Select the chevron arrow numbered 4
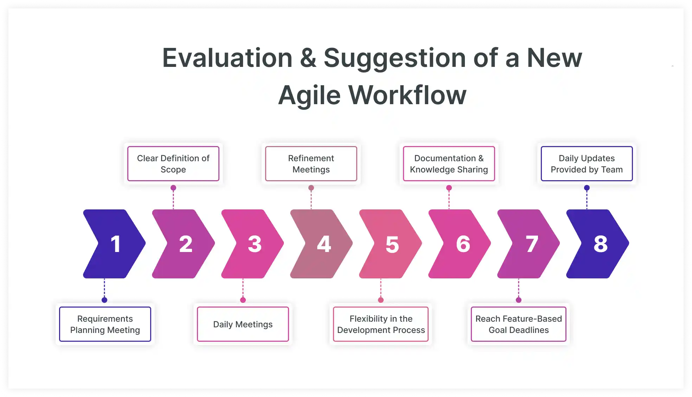click(321, 244)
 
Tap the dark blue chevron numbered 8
click(597, 244)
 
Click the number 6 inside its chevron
click(463, 244)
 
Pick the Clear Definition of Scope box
click(173, 164)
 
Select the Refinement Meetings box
click(311, 164)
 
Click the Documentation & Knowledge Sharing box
click(449, 164)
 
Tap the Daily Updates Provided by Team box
click(587, 164)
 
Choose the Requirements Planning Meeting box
click(105, 324)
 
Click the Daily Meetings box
click(243, 324)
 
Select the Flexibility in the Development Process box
click(381, 324)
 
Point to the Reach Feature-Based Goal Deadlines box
click(519, 324)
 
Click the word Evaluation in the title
click(227, 58)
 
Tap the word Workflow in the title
click(407, 95)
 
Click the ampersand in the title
click(308, 58)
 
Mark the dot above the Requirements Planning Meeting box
click(104, 300)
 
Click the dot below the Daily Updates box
click(587, 188)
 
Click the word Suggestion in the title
click(395, 58)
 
